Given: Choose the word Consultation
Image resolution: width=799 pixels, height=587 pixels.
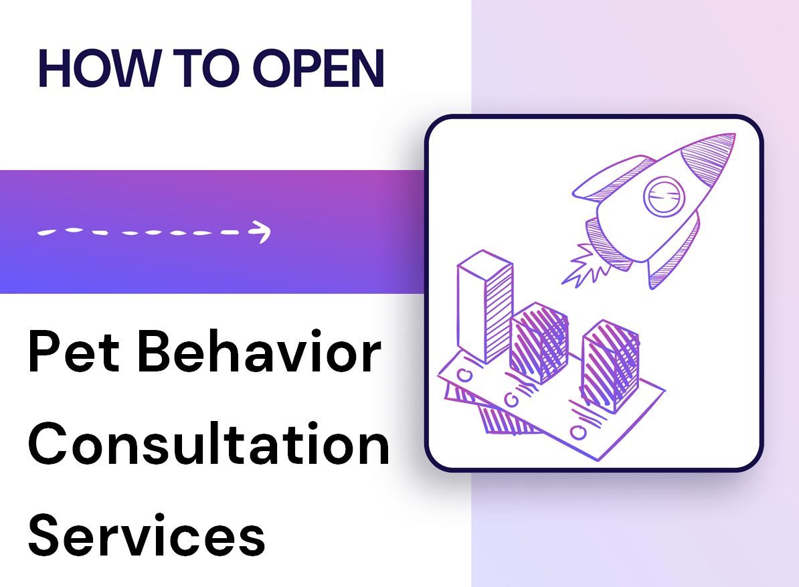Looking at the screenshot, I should [x=209, y=445].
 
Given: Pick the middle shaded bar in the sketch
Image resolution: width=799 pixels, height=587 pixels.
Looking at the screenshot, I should [x=539, y=343].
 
